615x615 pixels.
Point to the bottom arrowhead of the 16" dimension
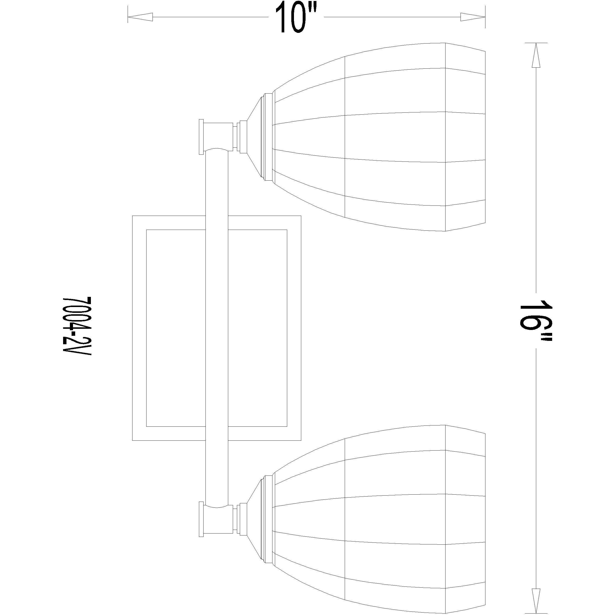tap(536, 602)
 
